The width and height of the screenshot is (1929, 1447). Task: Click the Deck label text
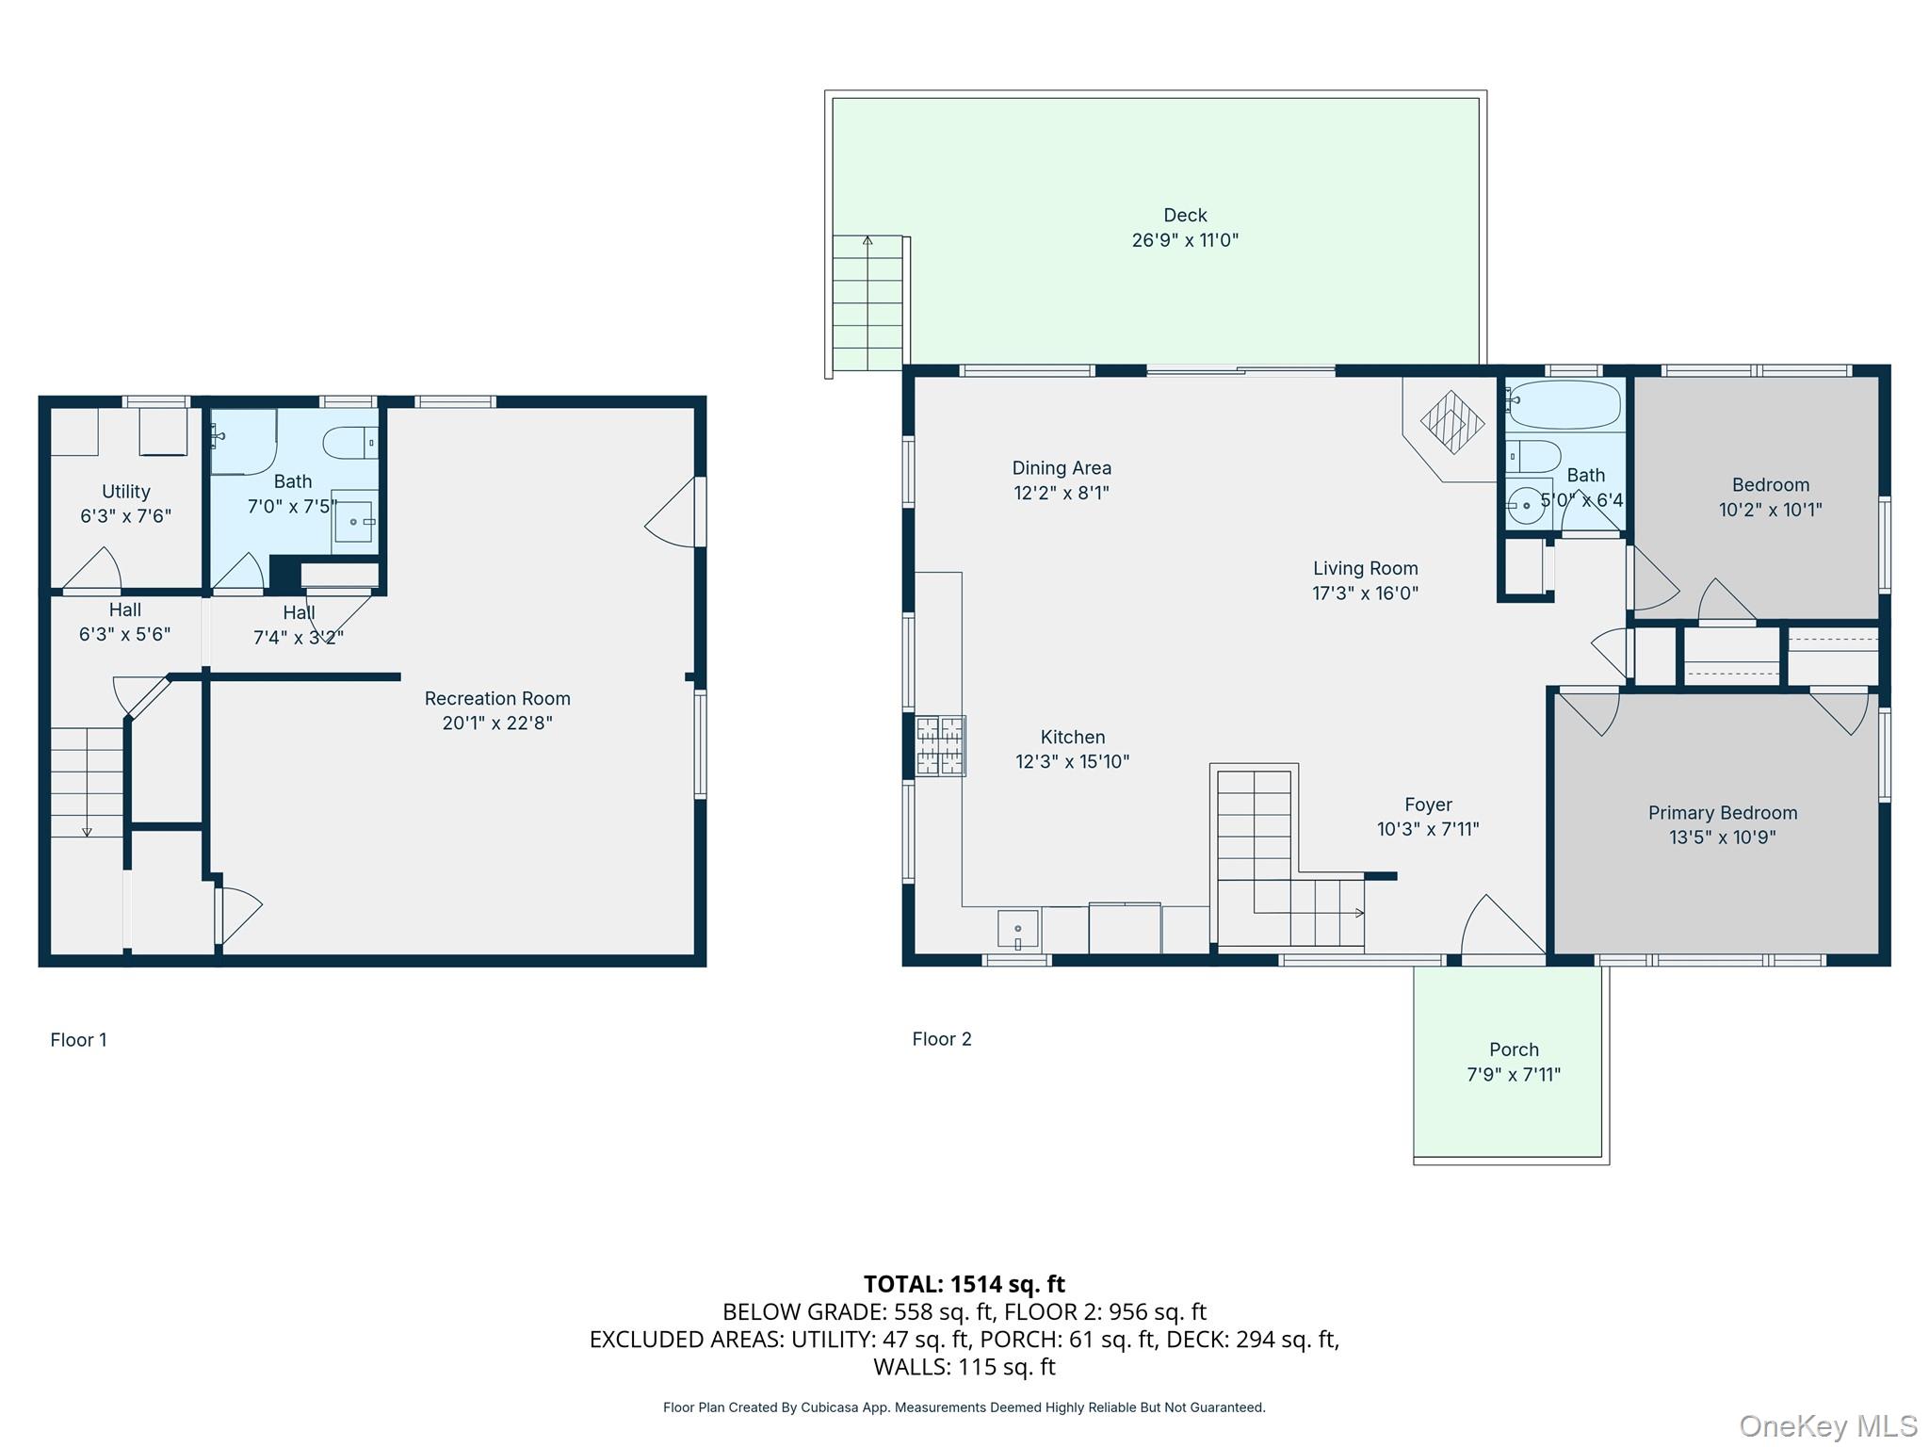tap(1184, 216)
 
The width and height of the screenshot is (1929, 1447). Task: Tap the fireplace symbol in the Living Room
tap(1451, 422)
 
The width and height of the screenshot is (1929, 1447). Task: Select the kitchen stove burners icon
tap(940, 746)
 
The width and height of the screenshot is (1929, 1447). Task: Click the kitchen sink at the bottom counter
tap(1017, 930)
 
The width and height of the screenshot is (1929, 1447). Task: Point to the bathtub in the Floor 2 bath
tap(1564, 405)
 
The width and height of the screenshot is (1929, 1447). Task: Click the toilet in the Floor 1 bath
tap(349, 442)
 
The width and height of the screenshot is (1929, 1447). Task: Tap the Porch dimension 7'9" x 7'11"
tap(1513, 1074)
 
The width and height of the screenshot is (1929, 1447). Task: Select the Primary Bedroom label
tap(1722, 813)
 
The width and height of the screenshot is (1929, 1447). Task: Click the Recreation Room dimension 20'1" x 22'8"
tap(497, 723)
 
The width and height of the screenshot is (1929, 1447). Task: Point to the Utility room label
tap(126, 492)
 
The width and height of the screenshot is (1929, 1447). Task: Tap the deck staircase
tap(867, 303)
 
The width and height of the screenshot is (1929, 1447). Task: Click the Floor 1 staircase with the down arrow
tap(87, 782)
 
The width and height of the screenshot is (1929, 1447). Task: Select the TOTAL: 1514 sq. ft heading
tap(964, 1284)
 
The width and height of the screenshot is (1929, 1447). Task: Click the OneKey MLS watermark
tap(1827, 1426)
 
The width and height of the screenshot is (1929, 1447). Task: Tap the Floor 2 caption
tap(941, 1039)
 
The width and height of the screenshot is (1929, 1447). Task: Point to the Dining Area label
tap(1062, 468)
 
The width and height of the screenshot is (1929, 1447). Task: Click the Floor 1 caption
tap(78, 1040)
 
